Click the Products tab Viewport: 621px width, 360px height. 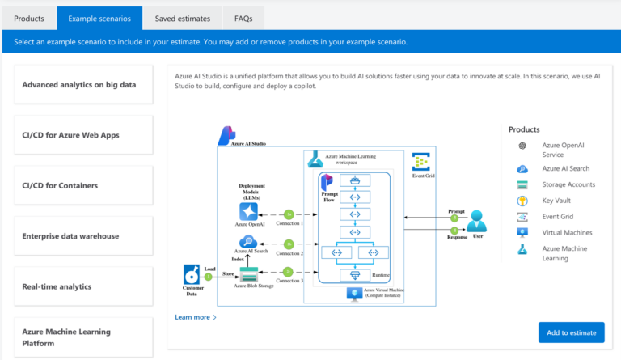[x=29, y=18]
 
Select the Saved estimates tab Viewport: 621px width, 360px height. [x=183, y=18]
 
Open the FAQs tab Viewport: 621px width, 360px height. [x=243, y=18]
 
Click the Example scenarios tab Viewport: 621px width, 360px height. [x=99, y=18]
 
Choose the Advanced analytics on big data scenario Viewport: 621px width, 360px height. [x=83, y=84]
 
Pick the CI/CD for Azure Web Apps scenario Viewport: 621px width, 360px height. [x=83, y=135]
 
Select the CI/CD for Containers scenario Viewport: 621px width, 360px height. [x=83, y=185]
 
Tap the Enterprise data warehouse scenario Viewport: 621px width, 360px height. [x=83, y=236]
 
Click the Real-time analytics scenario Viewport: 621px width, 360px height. [x=83, y=286]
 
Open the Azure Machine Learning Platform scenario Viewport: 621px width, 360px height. [x=83, y=337]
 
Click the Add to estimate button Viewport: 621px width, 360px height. [x=571, y=332]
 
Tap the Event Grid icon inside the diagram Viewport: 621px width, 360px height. [x=420, y=160]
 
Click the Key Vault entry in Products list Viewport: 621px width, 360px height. [x=557, y=201]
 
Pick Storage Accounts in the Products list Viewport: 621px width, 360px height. [x=568, y=184]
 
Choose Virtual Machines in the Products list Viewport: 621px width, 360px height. [x=568, y=232]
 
